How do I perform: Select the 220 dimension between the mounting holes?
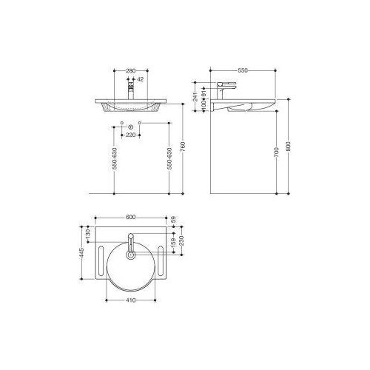(x=131, y=135)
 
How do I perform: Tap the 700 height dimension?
(x=275, y=152)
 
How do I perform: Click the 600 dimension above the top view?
(x=129, y=217)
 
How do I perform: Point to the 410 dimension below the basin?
(x=129, y=302)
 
